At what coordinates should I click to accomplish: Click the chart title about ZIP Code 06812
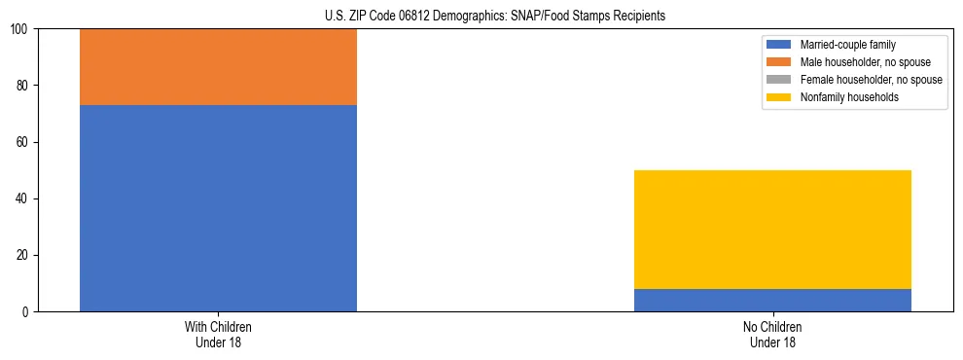(x=495, y=17)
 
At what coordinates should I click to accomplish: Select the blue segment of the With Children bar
(x=218, y=208)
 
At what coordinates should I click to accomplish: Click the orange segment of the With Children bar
(x=218, y=67)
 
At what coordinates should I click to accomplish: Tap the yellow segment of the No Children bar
(x=772, y=230)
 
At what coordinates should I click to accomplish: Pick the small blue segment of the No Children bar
(x=772, y=301)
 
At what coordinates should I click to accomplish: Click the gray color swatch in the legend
(x=779, y=80)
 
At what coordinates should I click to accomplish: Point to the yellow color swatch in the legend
(x=779, y=97)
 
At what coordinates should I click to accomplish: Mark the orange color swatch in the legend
(x=779, y=62)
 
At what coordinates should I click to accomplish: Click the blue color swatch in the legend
(x=779, y=45)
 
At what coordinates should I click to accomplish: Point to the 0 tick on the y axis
(x=27, y=312)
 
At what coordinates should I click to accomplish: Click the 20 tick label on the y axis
(x=24, y=256)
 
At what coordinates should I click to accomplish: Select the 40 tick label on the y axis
(x=24, y=199)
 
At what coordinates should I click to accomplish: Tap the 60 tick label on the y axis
(x=24, y=143)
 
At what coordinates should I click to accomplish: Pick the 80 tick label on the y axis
(x=24, y=87)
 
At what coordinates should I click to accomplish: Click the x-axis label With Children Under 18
(x=218, y=334)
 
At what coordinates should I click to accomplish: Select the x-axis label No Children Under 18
(x=772, y=334)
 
